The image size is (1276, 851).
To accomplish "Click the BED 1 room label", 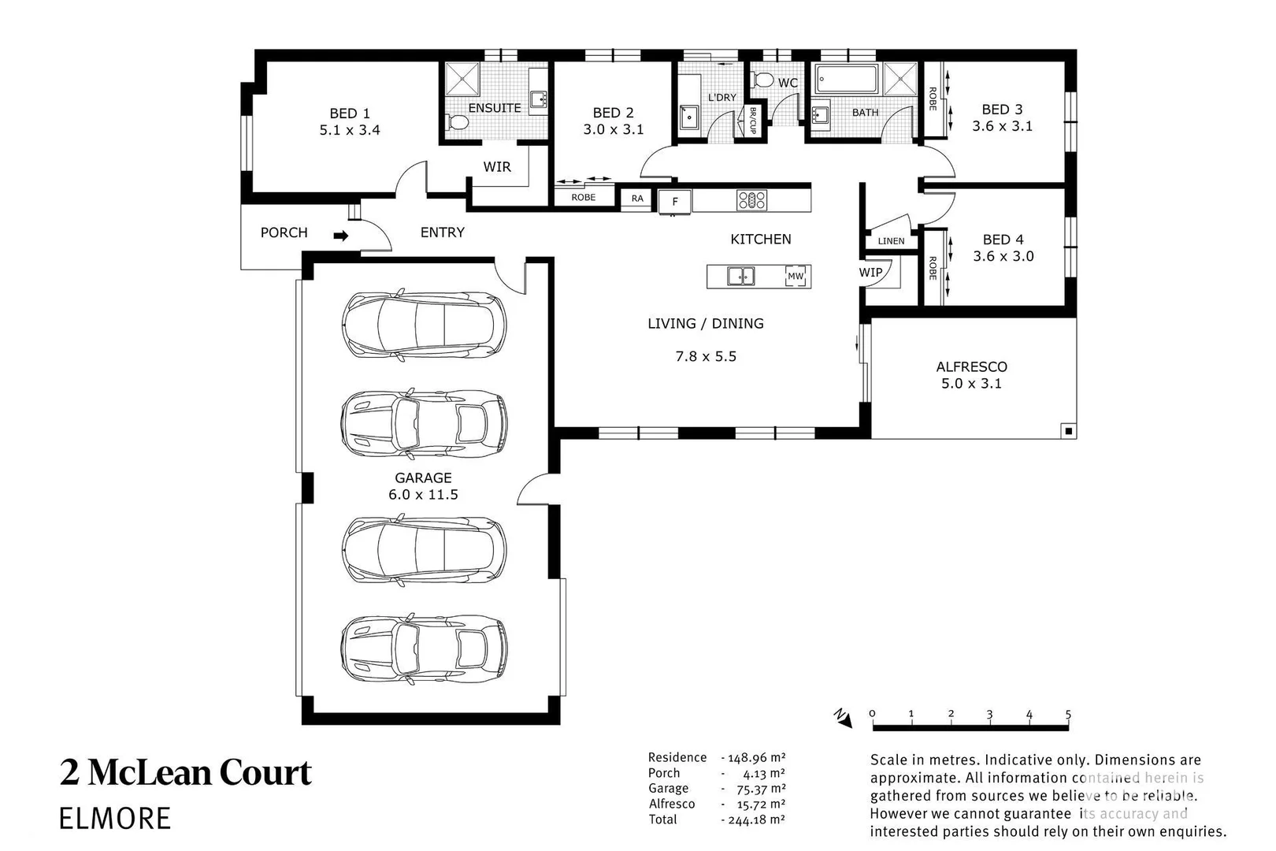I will point(350,113).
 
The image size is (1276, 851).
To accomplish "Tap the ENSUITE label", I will point(495,108).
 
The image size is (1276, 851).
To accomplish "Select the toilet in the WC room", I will point(762,79).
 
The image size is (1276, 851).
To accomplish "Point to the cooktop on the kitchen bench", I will point(751,200).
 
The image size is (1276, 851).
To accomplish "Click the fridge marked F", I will point(675,202).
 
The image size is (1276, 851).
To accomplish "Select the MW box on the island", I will point(796,277).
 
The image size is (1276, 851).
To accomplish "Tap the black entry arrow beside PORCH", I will point(340,235).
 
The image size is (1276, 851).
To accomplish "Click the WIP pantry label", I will point(870,273).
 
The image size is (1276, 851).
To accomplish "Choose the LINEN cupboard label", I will point(891,241).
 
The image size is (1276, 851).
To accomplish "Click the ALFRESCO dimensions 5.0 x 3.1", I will point(971,384).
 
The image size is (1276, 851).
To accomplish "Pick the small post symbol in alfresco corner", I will point(1067,430).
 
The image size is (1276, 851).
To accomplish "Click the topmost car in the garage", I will point(424,325).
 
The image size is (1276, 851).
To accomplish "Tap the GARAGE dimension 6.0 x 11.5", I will point(423,495).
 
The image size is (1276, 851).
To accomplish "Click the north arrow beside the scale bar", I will point(843,717).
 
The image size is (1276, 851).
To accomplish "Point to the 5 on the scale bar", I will point(1068,715).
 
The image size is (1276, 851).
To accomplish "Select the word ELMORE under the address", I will point(115,818).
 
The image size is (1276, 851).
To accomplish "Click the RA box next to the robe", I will point(637,199).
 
